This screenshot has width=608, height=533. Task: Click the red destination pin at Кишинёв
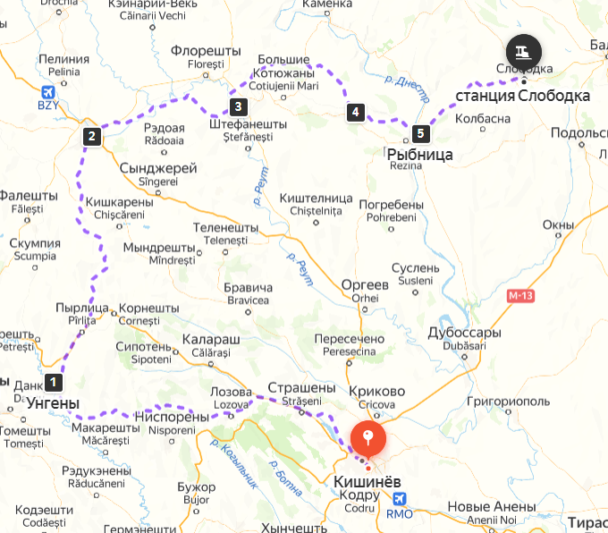pyautogui.click(x=367, y=438)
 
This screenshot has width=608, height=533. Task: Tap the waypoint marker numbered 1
pyautogui.click(x=55, y=382)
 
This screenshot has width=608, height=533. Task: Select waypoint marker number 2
pyautogui.click(x=91, y=137)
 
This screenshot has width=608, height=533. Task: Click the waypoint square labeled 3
pyautogui.click(x=238, y=107)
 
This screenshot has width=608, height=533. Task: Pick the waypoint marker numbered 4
pyautogui.click(x=356, y=112)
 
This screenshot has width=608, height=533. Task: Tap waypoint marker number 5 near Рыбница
pyautogui.click(x=420, y=135)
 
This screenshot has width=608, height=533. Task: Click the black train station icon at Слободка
pyautogui.click(x=523, y=49)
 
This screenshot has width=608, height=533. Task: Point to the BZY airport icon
pyautogui.click(x=47, y=91)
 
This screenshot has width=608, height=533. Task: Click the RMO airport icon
pyautogui.click(x=399, y=498)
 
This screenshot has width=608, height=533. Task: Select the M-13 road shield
pyautogui.click(x=520, y=295)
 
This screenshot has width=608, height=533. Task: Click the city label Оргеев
pyautogui.click(x=365, y=284)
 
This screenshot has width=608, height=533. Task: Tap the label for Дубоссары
pyautogui.click(x=464, y=333)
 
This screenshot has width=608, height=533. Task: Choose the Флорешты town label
pyautogui.click(x=206, y=51)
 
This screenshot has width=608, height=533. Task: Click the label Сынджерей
pyautogui.click(x=158, y=167)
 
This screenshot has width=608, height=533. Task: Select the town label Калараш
pyautogui.click(x=210, y=341)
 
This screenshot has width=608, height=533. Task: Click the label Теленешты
pyautogui.click(x=224, y=227)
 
